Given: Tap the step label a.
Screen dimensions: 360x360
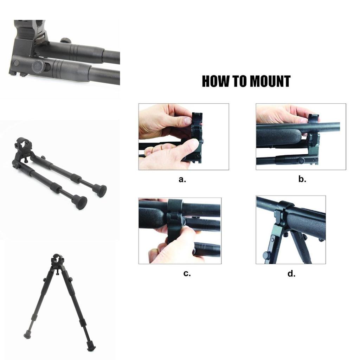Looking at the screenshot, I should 182,179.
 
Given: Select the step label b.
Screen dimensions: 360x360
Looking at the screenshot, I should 302,179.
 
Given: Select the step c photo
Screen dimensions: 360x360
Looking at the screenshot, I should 180,231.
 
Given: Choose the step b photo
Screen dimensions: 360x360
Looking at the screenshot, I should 301,136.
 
